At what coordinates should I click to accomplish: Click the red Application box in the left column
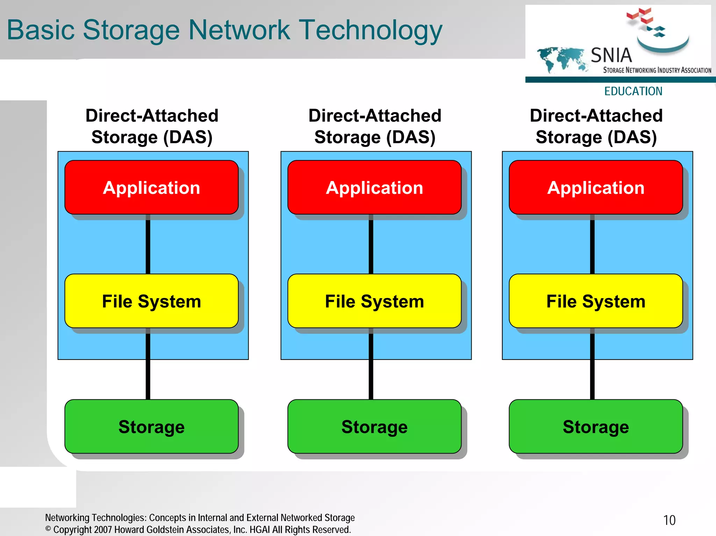(151, 188)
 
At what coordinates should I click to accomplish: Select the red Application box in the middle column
(374, 188)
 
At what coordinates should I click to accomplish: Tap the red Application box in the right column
(596, 188)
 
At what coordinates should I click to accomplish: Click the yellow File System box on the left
(151, 301)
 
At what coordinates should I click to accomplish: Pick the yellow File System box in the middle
(374, 301)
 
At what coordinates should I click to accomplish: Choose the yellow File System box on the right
(596, 301)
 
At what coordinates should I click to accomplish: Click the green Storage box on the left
(151, 427)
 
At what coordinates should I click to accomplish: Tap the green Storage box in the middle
(374, 427)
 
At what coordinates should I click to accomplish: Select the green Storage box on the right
(596, 427)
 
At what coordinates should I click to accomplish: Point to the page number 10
(669, 520)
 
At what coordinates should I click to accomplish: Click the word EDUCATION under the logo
(633, 91)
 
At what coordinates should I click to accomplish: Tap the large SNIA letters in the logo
(611, 55)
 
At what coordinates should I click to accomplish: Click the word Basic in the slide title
(41, 30)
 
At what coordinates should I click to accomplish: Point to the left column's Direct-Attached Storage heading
(152, 126)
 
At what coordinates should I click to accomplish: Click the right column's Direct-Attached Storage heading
(596, 126)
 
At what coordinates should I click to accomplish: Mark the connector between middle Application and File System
(371, 245)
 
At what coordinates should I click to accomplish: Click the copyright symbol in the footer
(48, 529)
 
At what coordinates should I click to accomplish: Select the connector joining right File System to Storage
(592, 365)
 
